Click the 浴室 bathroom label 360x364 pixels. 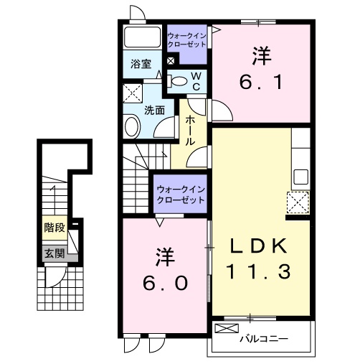(141, 64)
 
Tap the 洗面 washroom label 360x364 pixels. (154, 111)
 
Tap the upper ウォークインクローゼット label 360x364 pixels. (186, 39)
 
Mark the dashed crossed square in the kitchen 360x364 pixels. (297, 203)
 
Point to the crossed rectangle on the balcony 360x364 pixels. (226, 330)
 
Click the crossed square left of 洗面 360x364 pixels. (132, 93)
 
